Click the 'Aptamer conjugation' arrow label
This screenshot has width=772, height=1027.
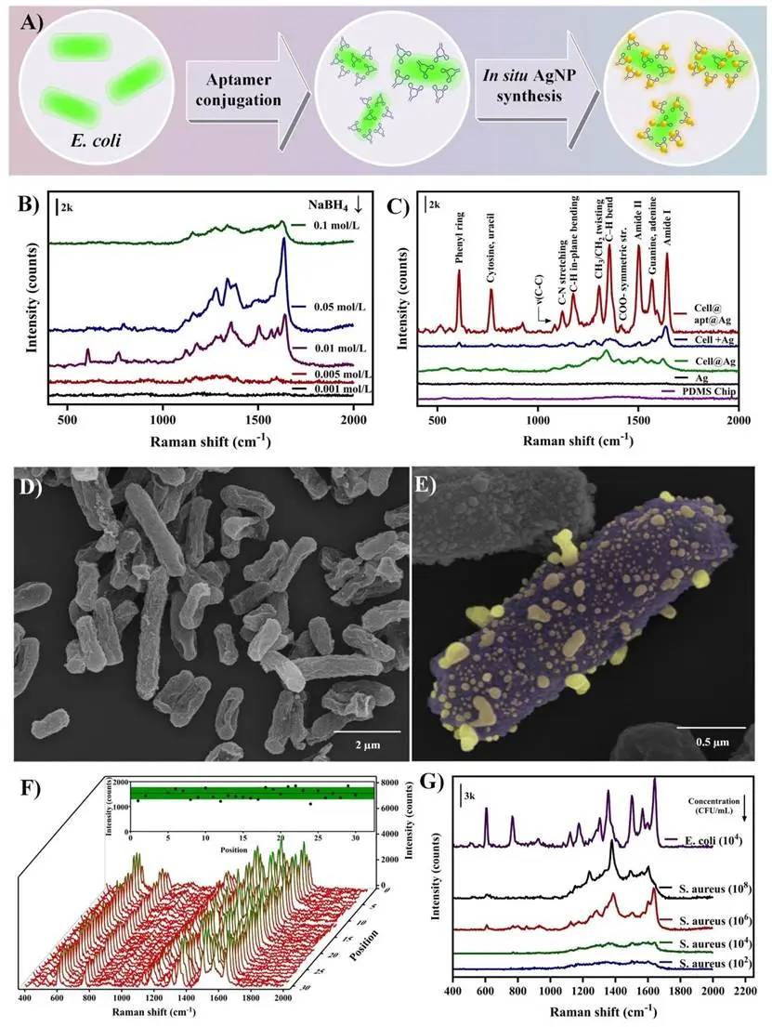coord(239,90)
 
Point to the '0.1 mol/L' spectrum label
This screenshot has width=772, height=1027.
coord(321,226)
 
